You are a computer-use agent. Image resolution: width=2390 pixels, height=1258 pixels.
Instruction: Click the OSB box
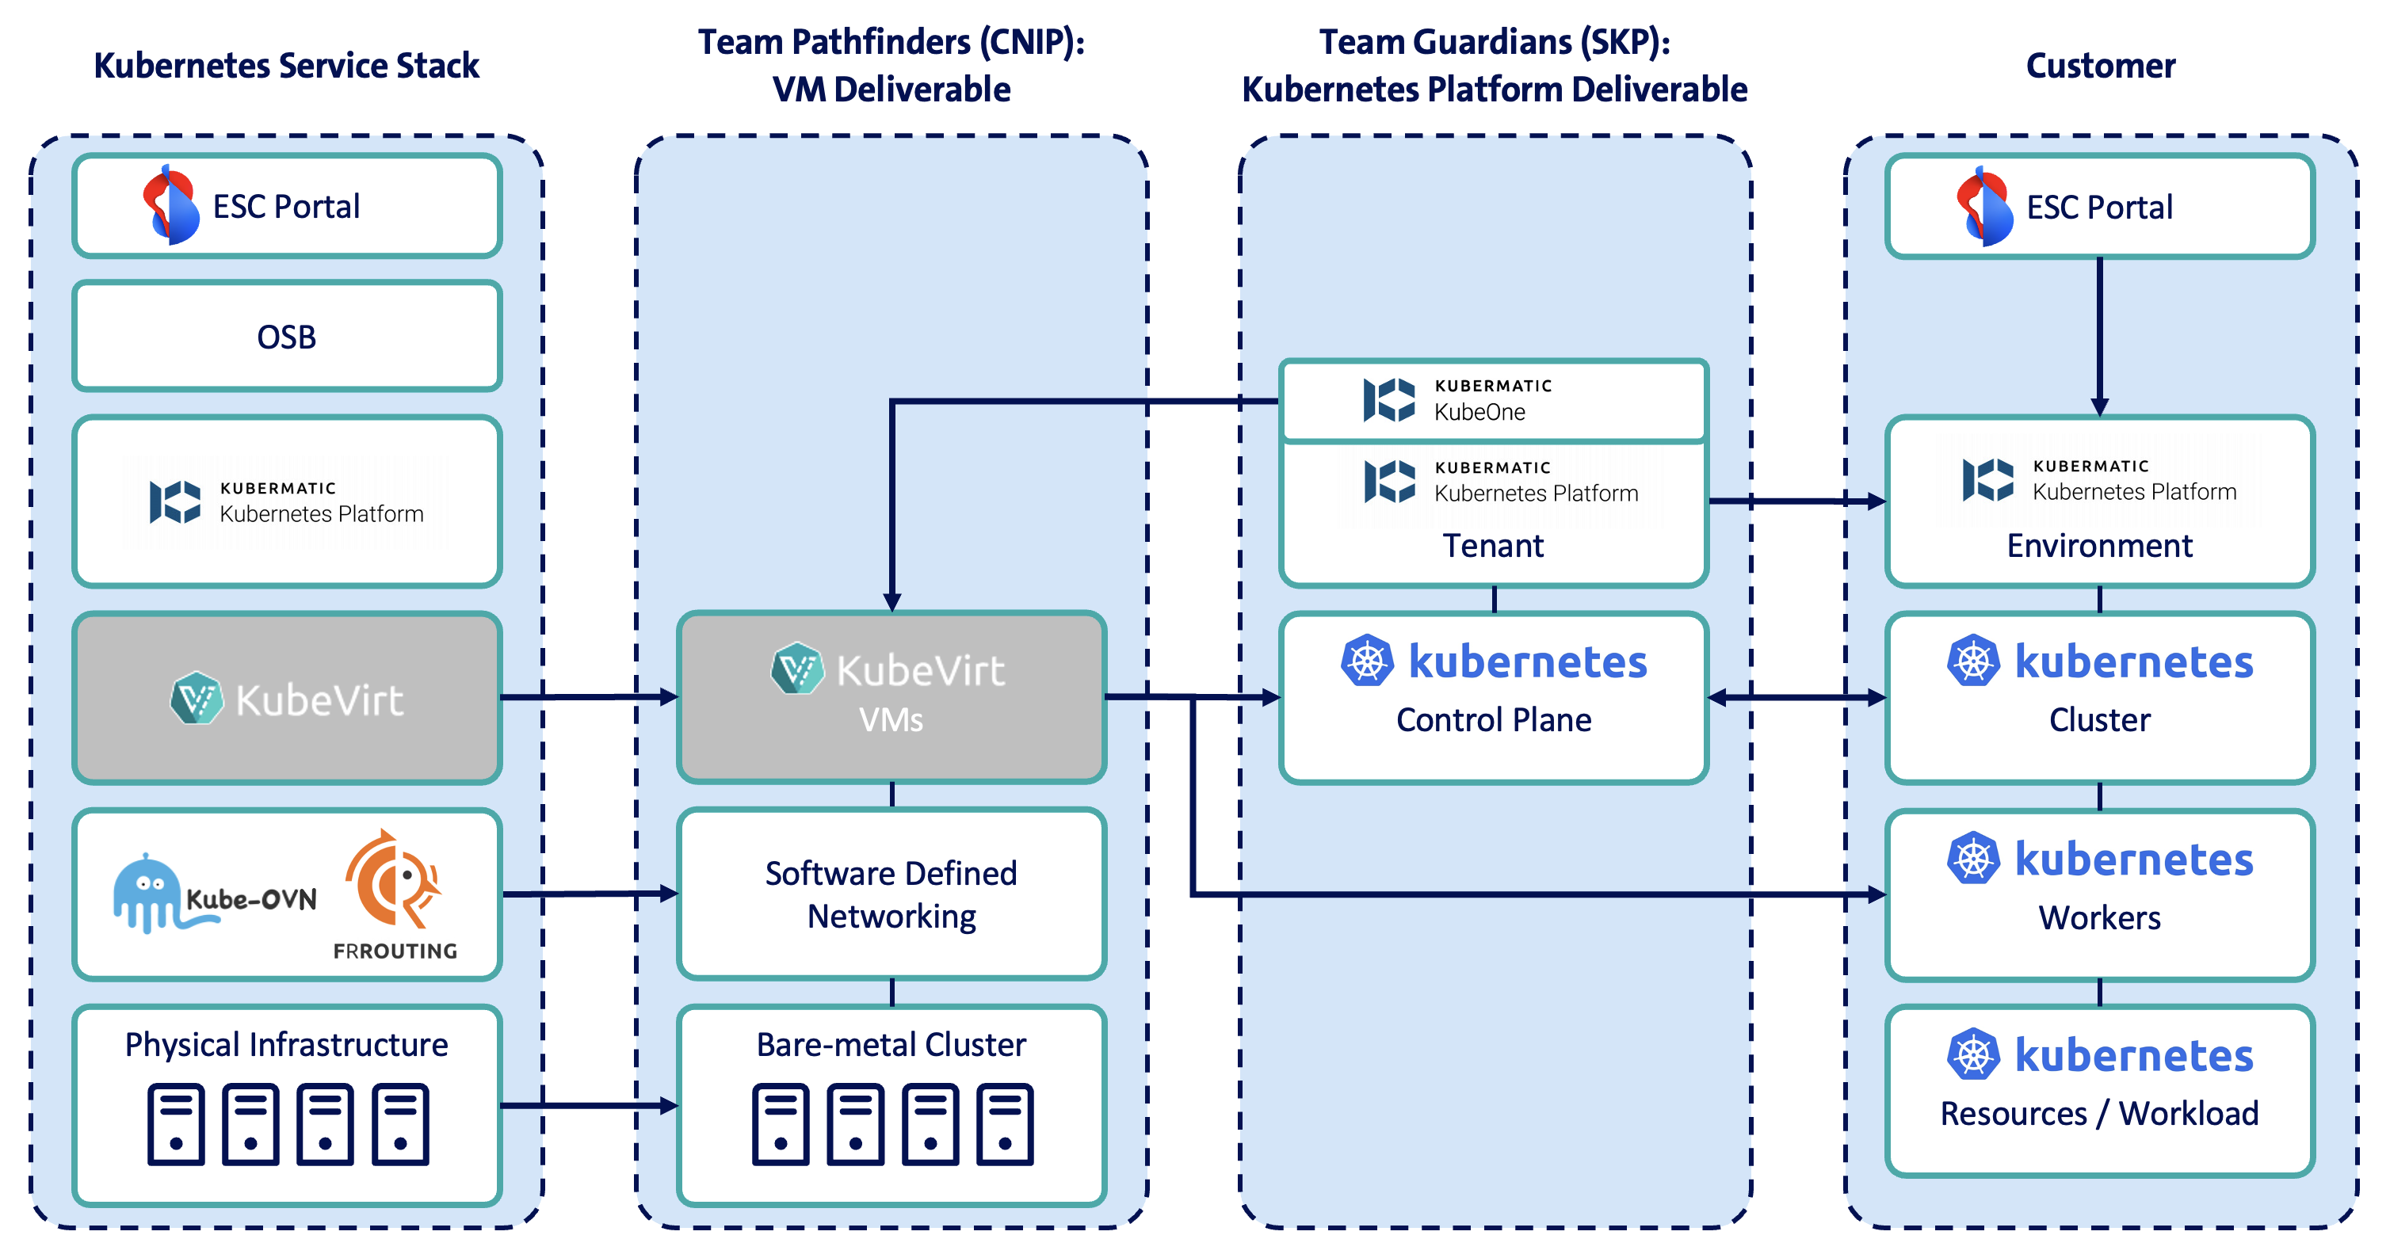pyautogui.click(x=287, y=337)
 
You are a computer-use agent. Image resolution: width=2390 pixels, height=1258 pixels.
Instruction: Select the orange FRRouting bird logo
pyautogui.click(x=393, y=879)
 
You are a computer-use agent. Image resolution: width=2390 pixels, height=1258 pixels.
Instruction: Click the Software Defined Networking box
pyautogui.click(x=891, y=894)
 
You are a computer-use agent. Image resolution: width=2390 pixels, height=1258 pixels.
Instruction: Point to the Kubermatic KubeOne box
pyautogui.click(x=1493, y=400)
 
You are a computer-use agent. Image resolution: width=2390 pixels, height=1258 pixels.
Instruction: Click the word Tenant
pyautogui.click(x=1493, y=546)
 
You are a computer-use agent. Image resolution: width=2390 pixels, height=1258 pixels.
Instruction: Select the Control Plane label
pyautogui.click(x=1493, y=720)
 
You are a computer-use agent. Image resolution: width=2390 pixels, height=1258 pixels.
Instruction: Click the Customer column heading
pyautogui.click(x=2100, y=66)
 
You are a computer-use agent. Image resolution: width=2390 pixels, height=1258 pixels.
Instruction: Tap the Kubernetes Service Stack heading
pyautogui.click(x=287, y=66)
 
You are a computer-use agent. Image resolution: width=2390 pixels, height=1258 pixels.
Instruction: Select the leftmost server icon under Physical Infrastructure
pyautogui.click(x=175, y=1123)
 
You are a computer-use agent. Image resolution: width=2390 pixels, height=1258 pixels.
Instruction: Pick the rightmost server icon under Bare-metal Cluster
pyautogui.click(x=1005, y=1123)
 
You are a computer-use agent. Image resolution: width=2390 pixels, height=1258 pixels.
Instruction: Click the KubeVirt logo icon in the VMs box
pyautogui.click(x=797, y=668)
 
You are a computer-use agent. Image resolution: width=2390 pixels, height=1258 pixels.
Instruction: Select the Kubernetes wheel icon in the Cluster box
pyautogui.click(x=1972, y=661)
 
